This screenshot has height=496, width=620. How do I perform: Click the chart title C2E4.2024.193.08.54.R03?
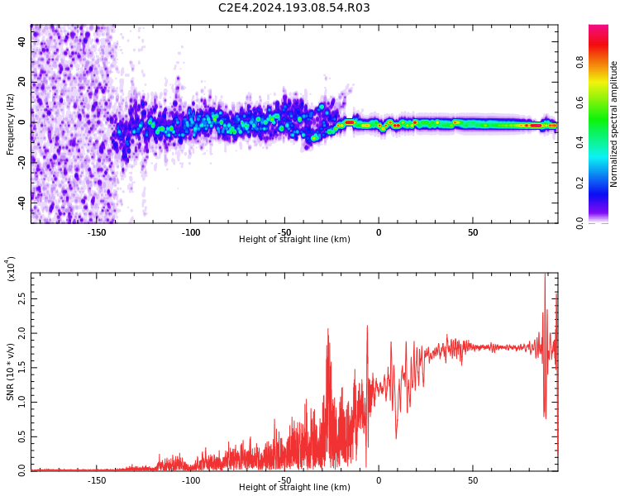[293, 8]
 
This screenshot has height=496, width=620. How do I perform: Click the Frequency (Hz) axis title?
[11, 124]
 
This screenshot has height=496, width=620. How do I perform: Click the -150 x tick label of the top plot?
[97, 232]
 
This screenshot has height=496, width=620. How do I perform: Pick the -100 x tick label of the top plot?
[191, 232]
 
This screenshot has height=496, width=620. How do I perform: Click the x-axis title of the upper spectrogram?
[294, 240]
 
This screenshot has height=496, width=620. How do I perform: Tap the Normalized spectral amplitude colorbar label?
[614, 124]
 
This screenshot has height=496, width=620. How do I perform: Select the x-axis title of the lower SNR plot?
[294, 488]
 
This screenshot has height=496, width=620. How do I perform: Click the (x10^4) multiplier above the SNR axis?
[11, 269]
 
